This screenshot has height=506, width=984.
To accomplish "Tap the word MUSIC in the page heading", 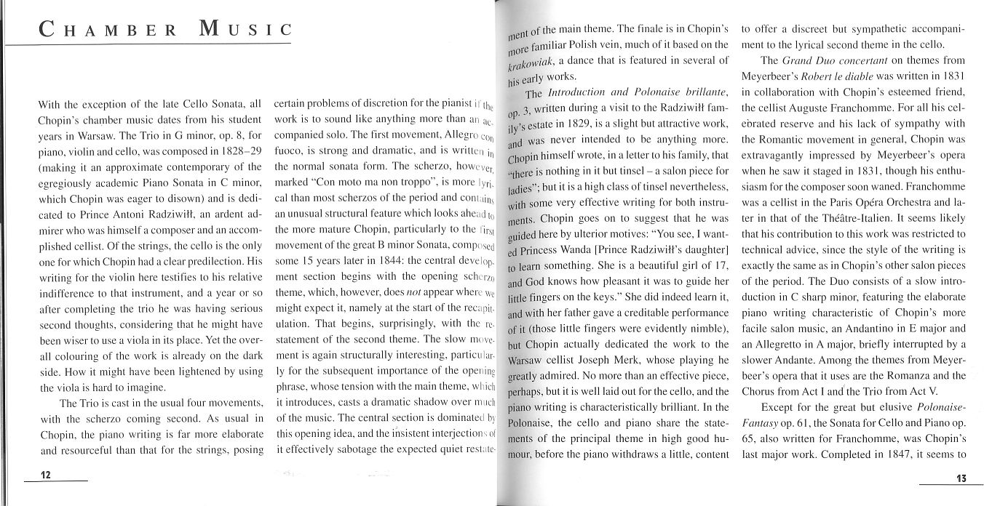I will pyautogui.click(x=244, y=31).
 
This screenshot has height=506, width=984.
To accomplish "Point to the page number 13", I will pyautogui.click(x=960, y=478).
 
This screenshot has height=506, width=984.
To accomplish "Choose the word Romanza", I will pyautogui.click(x=908, y=376).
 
